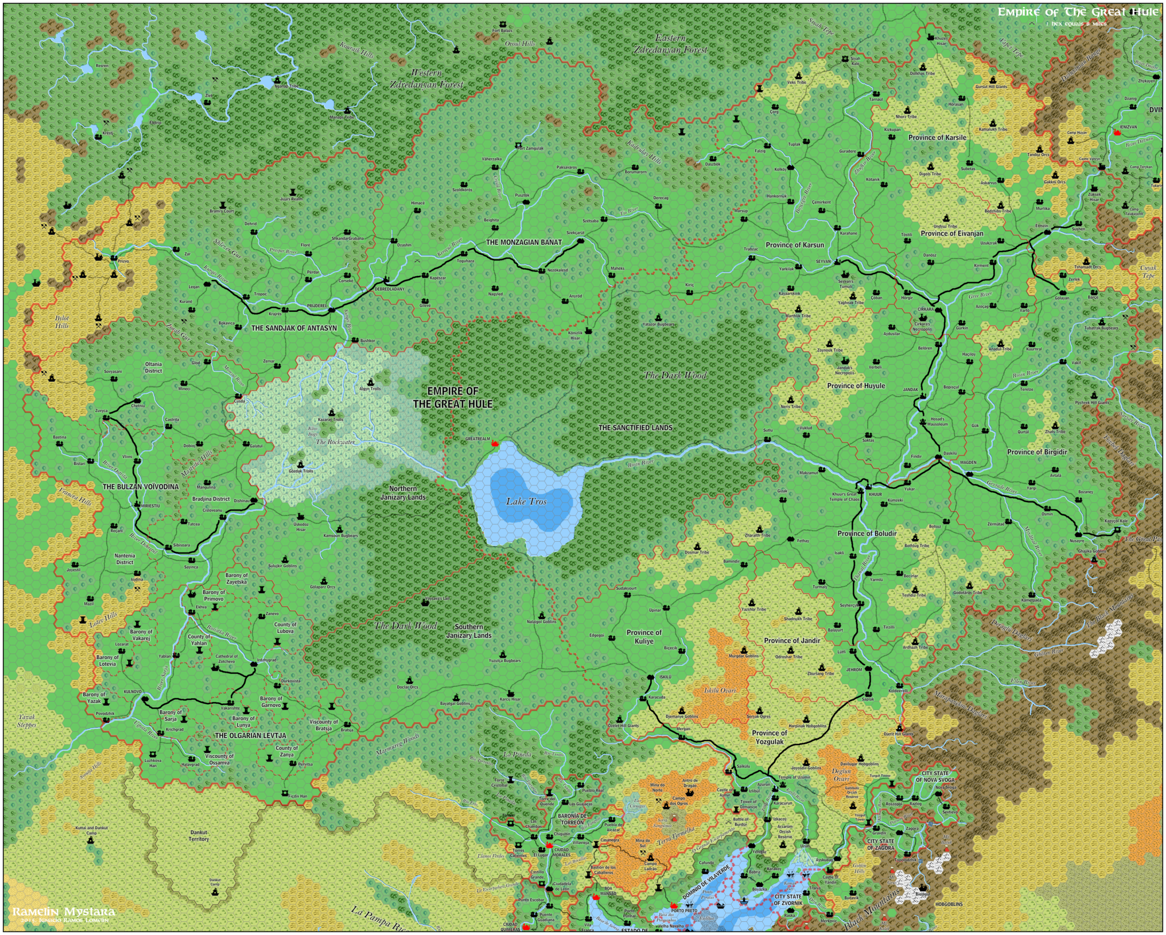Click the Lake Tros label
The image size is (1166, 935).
525,501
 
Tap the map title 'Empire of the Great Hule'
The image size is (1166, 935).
1077,12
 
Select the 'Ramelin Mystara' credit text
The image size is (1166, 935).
64,912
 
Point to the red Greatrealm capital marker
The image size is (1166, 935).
494,443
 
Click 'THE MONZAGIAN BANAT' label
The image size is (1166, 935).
524,242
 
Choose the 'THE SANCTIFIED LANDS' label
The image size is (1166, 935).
635,428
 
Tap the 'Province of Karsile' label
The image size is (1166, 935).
937,138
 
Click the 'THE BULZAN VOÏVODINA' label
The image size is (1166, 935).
141,487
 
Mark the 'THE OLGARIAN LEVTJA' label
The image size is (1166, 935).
251,736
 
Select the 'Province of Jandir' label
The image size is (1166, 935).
792,641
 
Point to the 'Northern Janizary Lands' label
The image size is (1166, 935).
403,493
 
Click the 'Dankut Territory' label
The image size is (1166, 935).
199,835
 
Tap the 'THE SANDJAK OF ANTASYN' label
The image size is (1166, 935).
294,328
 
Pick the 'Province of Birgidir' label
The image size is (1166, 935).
1037,452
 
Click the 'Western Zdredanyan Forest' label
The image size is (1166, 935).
426,79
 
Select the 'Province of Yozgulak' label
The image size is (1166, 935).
770,738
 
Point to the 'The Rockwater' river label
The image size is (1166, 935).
335,442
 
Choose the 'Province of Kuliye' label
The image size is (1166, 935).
644,637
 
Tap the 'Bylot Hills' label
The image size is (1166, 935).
62,322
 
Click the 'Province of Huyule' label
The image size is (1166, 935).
856,386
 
